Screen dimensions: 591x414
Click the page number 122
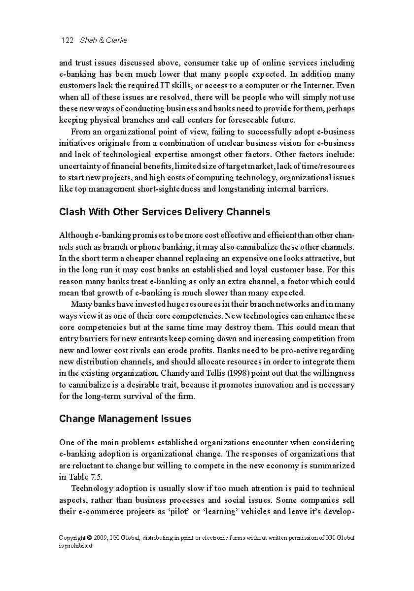point(67,40)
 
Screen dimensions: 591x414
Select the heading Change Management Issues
point(125,419)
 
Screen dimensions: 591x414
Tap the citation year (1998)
point(231,373)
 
